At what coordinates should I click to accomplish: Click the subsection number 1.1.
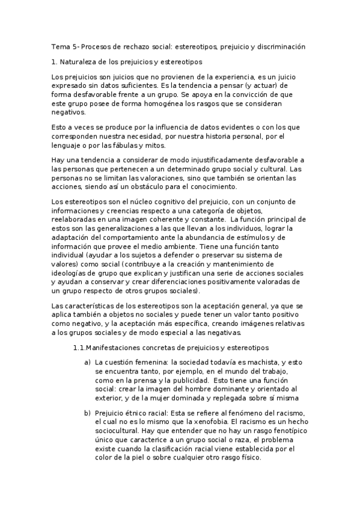pyautogui.click(x=79, y=347)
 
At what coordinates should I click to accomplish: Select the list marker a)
pyautogui.click(x=88, y=362)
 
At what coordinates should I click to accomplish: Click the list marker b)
pyautogui.click(x=88, y=413)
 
